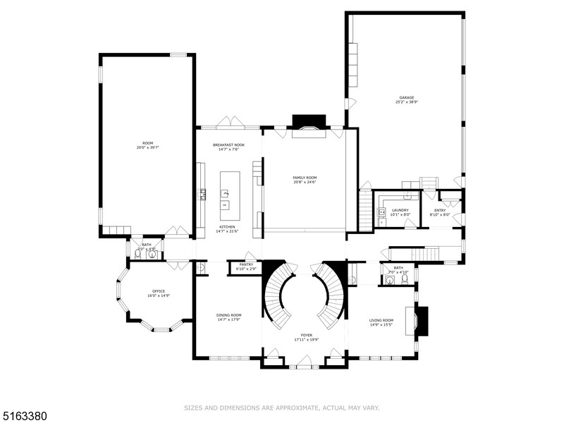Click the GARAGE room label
pos(407,97)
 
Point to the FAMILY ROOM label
pos(305,177)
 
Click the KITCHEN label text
pos(227,227)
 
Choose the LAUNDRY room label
pos(400,210)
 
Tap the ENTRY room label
pos(440,210)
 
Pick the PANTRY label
pos(246,264)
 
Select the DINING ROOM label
pos(228,315)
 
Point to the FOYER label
pos(307,336)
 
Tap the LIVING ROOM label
pos(381,320)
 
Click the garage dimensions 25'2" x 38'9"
pos(407,102)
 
